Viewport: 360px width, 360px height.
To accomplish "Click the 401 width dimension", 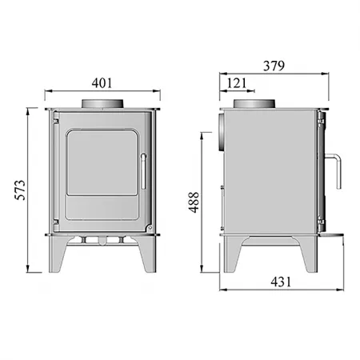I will click(x=102, y=82).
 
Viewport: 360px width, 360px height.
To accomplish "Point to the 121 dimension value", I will click(x=238, y=82).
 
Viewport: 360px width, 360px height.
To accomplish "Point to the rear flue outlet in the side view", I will click(x=222, y=131).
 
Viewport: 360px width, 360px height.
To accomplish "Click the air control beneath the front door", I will click(x=102, y=240).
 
